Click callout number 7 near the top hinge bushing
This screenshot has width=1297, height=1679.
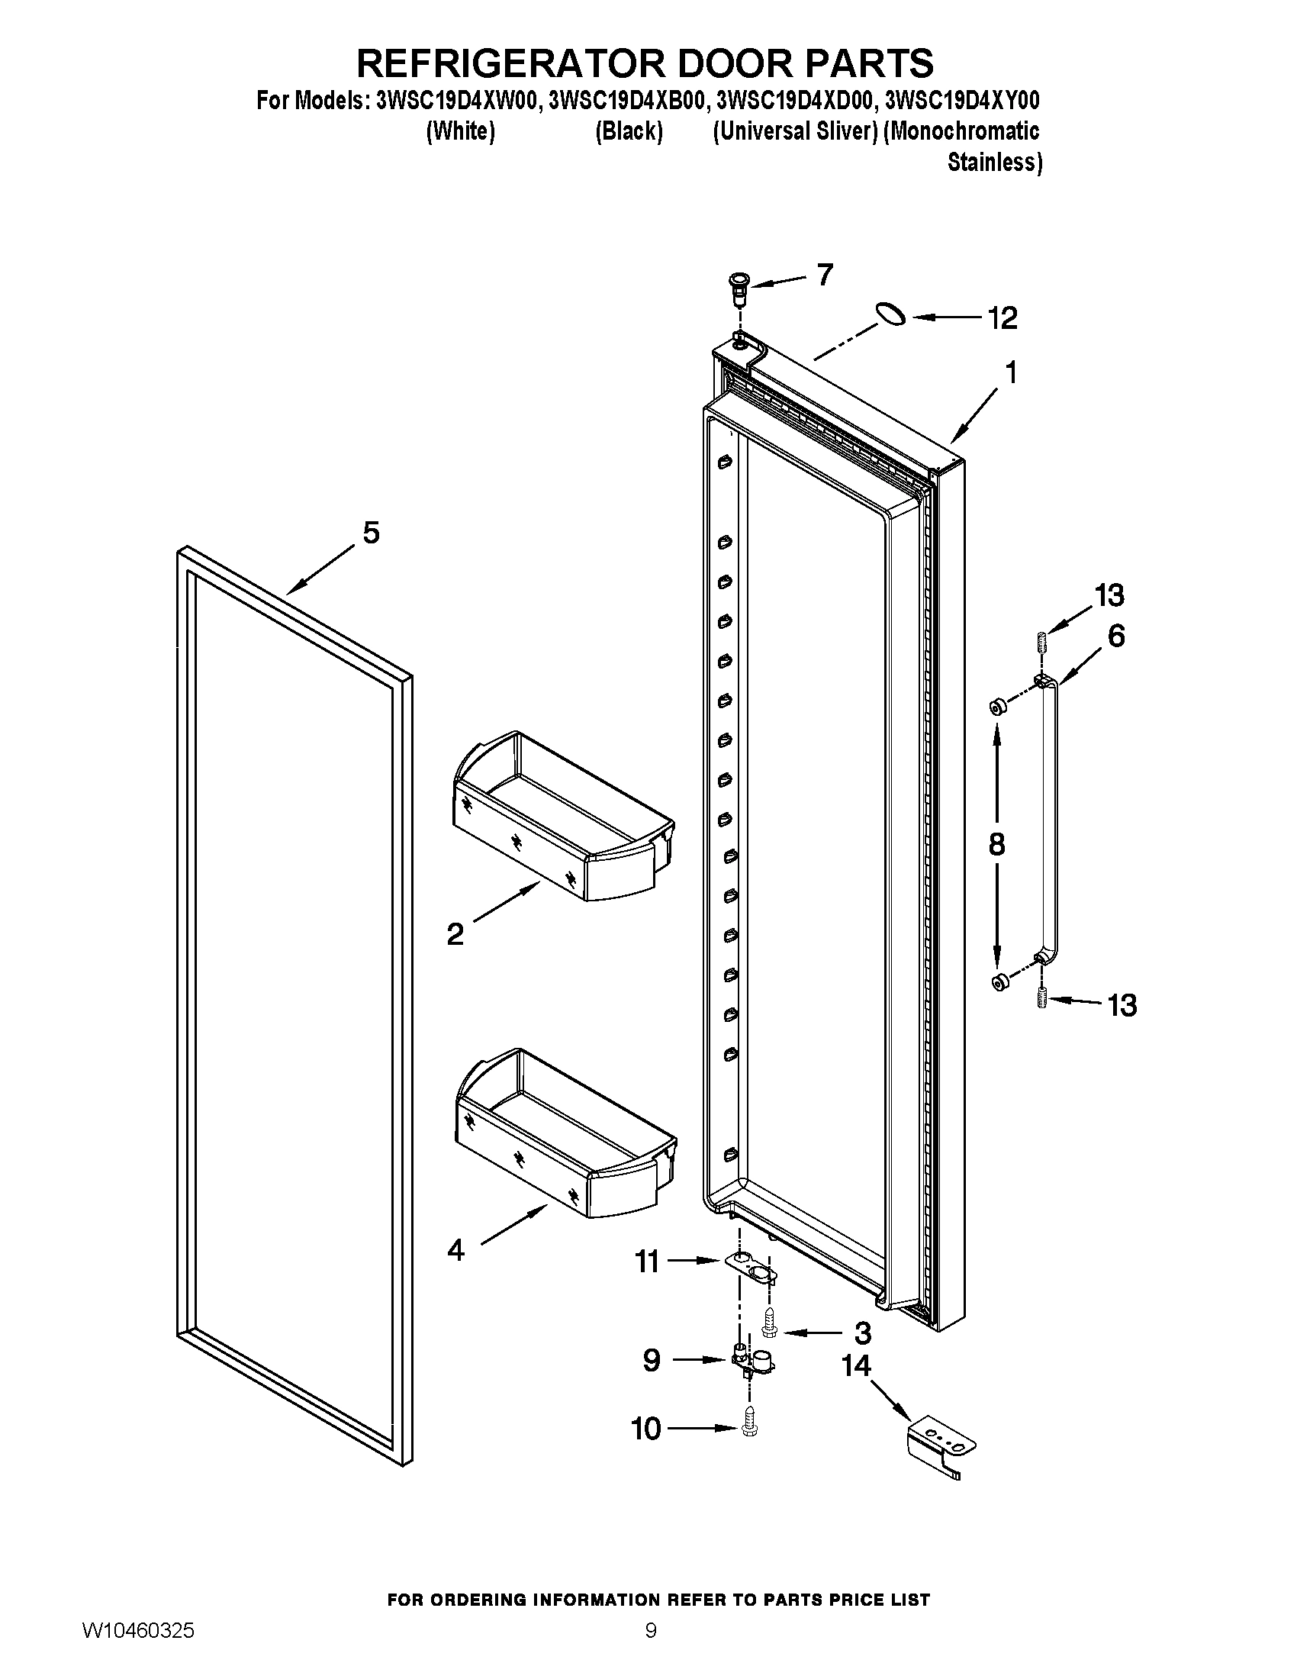[x=825, y=275]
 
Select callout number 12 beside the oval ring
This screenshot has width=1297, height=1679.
[x=1002, y=317]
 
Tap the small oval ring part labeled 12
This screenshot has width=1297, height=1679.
[x=890, y=314]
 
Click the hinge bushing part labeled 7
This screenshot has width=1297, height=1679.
[x=739, y=286]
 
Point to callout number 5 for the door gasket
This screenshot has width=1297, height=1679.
[x=371, y=533]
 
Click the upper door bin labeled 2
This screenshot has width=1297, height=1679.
[x=563, y=817]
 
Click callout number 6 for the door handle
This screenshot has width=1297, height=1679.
[x=1115, y=636]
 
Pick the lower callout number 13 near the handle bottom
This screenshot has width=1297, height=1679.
[x=1122, y=1005]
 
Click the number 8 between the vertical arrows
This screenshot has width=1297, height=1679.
[x=996, y=844]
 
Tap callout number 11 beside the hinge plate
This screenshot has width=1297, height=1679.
[x=647, y=1262]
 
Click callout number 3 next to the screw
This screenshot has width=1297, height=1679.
[x=862, y=1333]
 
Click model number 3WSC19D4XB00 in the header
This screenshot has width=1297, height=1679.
[x=626, y=101]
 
